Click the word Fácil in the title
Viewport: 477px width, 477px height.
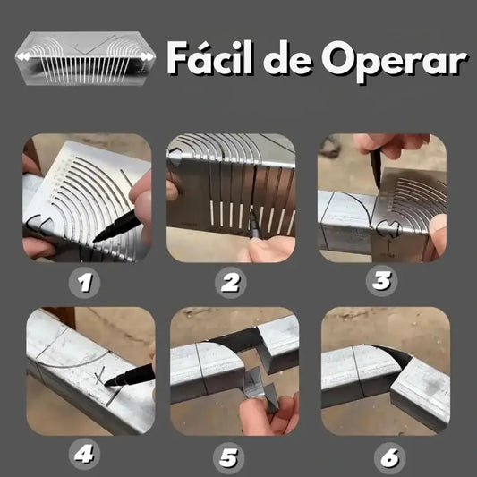[x=210, y=57]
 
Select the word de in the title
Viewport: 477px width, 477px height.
[x=288, y=58]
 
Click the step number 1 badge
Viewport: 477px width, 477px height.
[x=84, y=283]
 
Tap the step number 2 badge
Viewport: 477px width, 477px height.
[x=231, y=283]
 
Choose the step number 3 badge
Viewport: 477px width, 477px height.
[x=381, y=281]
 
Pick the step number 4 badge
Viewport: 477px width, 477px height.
[x=84, y=455]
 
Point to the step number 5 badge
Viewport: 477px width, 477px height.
[x=229, y=458]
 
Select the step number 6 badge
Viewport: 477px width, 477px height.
[x=389, y=458]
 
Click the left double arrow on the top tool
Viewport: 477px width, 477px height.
[x=23, y=56]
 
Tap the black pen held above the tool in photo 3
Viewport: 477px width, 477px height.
[x=376, y=168]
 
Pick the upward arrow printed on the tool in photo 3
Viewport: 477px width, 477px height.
[x=388, y=246]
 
